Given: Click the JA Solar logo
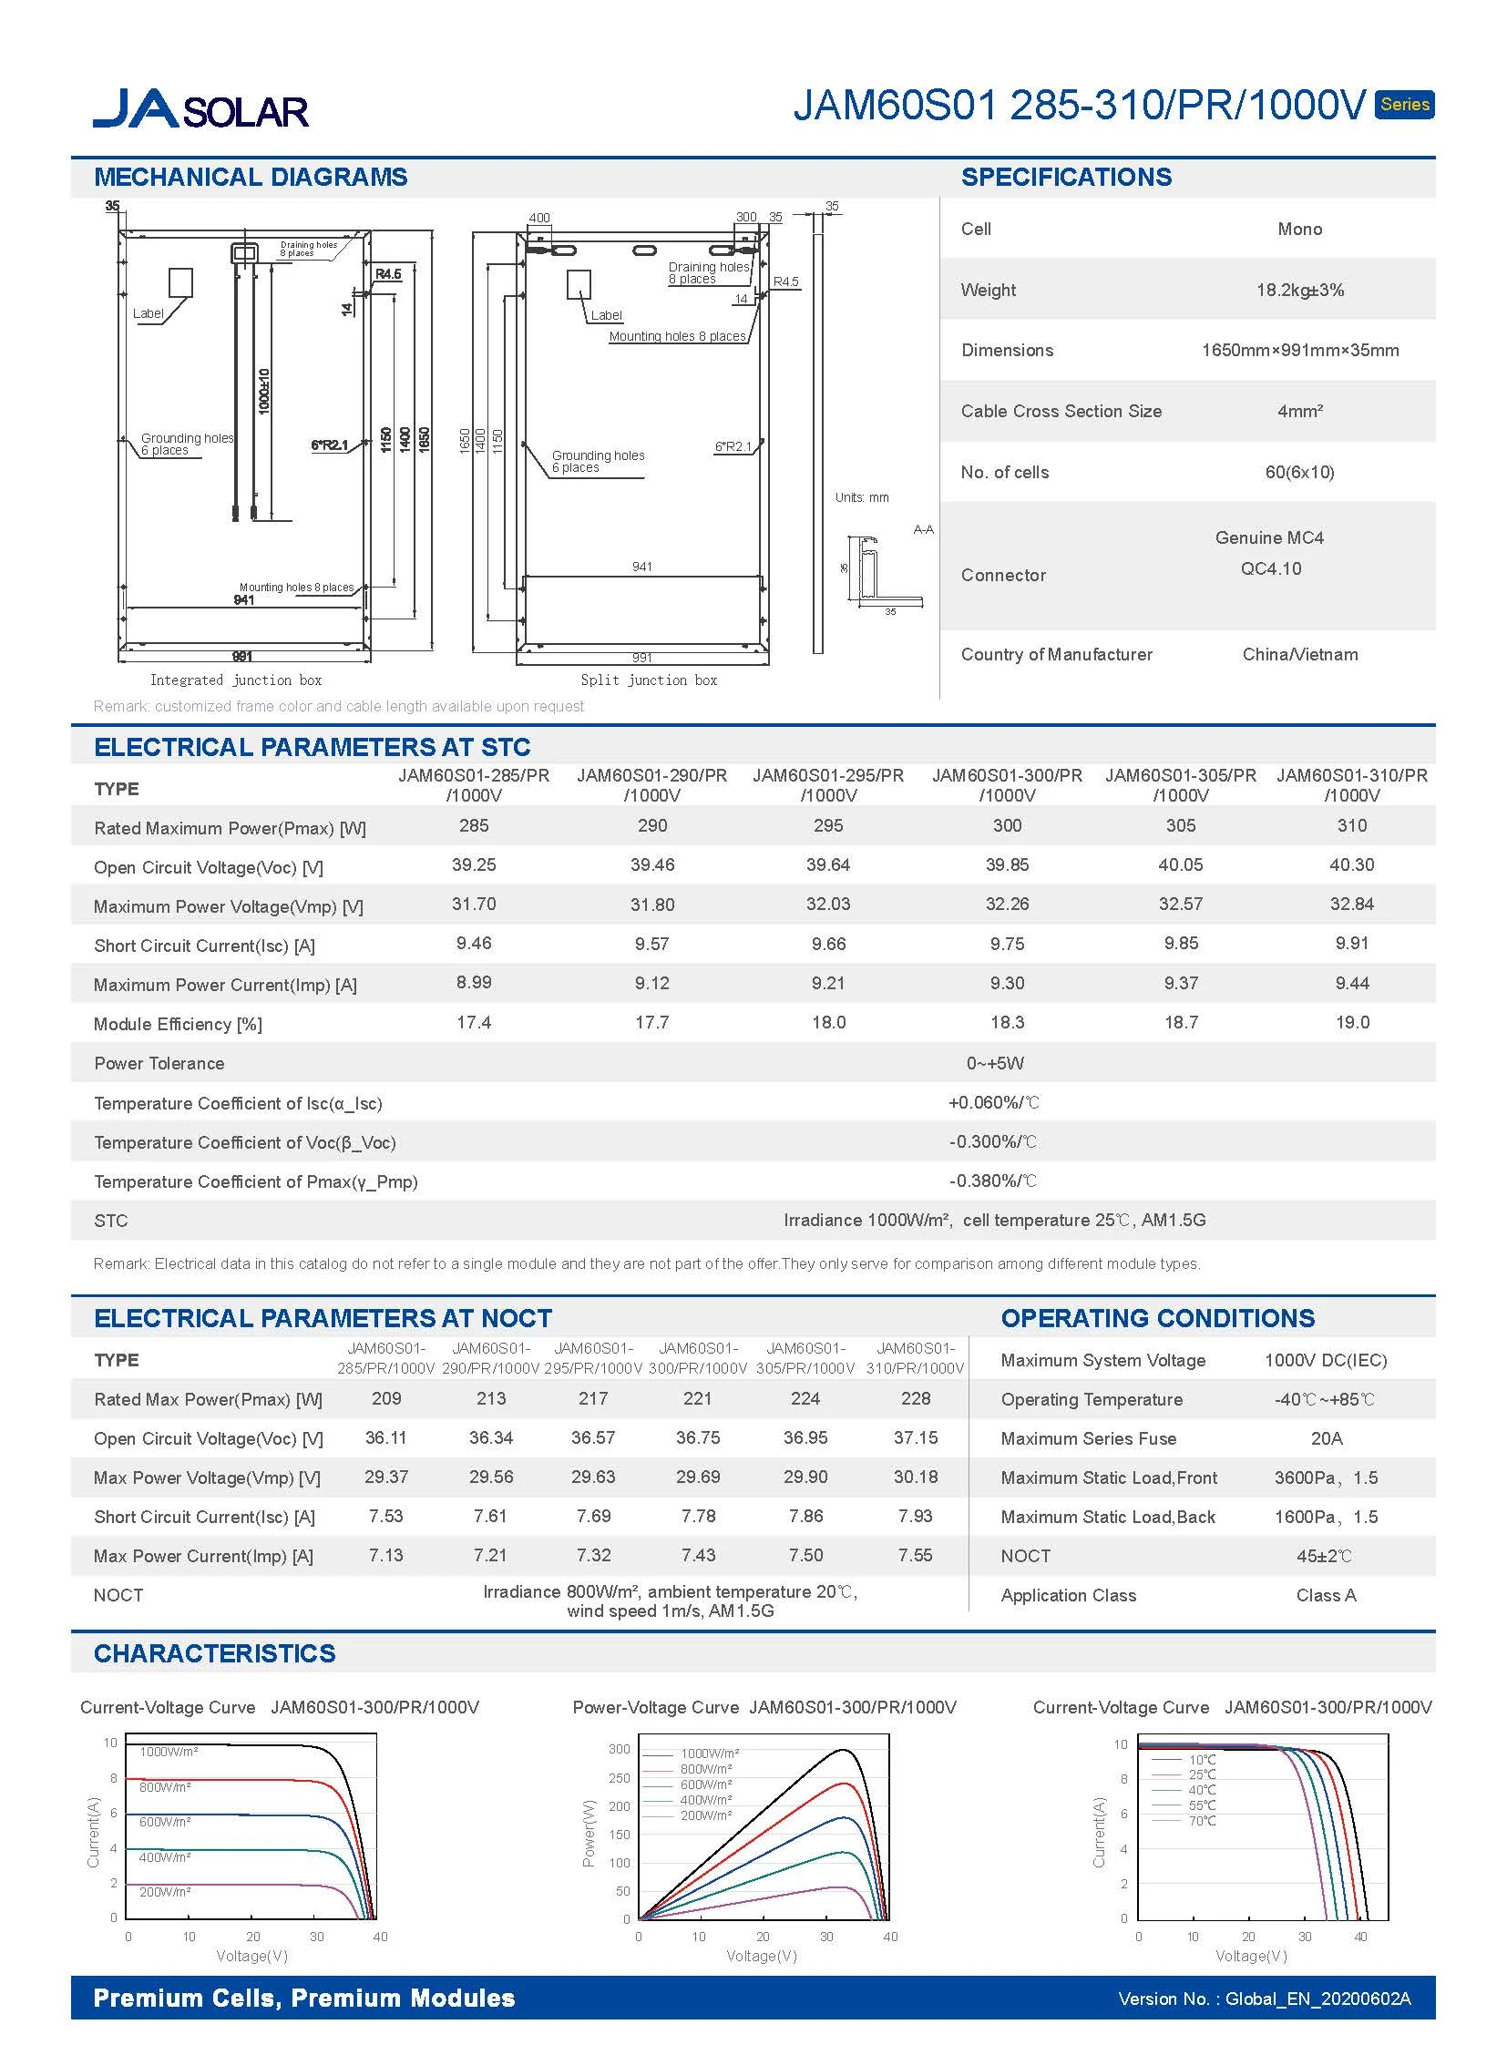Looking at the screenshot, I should click(200, 108).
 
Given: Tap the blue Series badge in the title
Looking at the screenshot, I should click(1404, 104).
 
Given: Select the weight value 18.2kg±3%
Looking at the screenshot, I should click(1299, 290).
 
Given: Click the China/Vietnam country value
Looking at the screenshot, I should click(1299, 654).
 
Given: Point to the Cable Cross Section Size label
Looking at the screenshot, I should click(1061, 412).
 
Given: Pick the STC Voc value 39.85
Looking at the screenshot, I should click(1006, 864).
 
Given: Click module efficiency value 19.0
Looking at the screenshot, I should click(1352, 1022).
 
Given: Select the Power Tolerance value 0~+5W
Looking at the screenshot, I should click(994, 1064).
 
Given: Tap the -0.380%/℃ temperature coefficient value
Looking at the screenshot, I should click(992, 1181).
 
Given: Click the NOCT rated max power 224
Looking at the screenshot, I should click(805, 1398).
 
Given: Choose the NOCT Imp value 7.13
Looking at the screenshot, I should click(386, 1555).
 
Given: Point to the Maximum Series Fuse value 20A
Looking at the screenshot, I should click(1326, 1438).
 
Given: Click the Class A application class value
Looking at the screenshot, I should click(1326, 1595).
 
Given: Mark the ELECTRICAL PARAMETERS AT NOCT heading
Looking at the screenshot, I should click(323, 1318).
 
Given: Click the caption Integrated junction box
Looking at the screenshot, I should click(235, 680).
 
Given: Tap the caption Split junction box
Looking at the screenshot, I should click(649, 680).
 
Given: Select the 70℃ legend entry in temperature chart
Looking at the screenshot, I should click(1202, 1821).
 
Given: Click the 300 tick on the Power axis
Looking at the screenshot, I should click(620, 1750).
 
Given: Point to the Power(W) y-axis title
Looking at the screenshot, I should click(589, 1834).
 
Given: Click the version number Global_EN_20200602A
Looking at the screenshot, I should click(1317, 1999).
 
